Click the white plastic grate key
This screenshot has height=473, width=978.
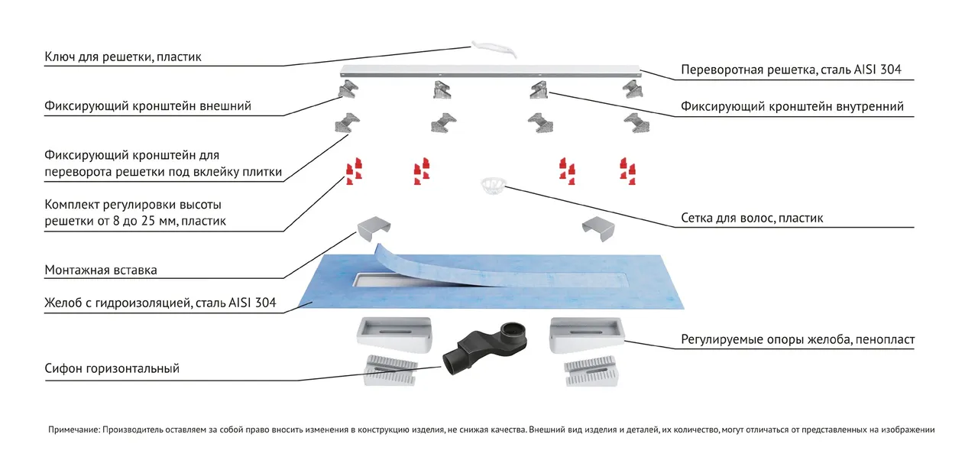click(x=494, y=50)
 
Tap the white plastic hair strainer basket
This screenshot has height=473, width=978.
click(x=492, y=186)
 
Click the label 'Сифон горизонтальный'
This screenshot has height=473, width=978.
click(x=112, y=368)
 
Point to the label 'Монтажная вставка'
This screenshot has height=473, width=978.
click(x=102, y=271)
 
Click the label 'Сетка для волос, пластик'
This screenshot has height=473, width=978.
click(x=752, y=219)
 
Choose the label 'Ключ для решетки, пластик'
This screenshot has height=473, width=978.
click(x=123, y=57)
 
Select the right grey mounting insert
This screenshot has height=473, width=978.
click(x=601, y=228)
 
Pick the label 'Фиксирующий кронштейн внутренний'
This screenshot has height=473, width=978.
click(x=792, y=106)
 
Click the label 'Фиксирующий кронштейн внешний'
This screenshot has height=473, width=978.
click(x=148, y=106)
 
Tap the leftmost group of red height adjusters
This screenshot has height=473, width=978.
click(x=353, y=172)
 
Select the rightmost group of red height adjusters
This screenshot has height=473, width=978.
click(x=627, y=170)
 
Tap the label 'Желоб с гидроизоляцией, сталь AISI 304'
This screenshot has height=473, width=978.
click(x=160, y=304)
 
